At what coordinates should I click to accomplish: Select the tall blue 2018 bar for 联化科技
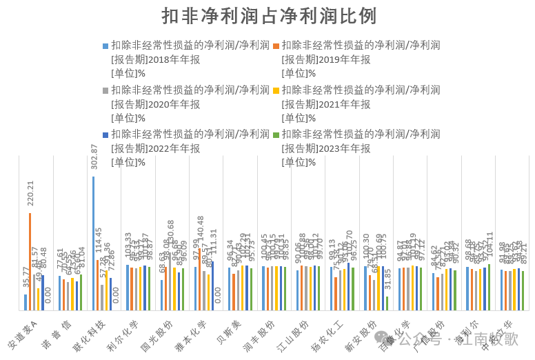click(93, 243)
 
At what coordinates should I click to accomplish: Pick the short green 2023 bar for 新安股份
click(387, 303)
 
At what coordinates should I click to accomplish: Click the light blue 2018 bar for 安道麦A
click(26, 301)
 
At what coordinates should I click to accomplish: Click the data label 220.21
click(30, 196)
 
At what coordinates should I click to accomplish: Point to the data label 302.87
click(94, 158)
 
